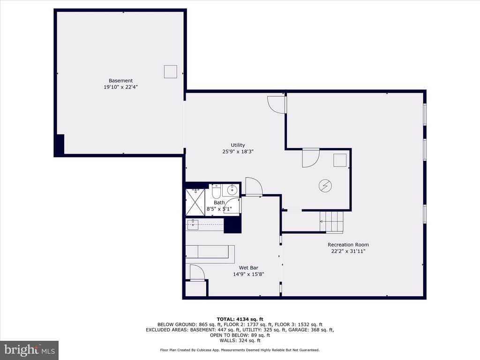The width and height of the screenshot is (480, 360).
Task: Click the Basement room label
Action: (x=120, y=81)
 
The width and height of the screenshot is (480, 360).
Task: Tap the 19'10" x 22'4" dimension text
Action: (x=120, y=87)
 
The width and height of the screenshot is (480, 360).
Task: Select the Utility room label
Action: (x=238, y=145)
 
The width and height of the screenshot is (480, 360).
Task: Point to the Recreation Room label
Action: (x=348, y=245)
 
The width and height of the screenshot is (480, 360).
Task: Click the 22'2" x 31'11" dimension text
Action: (x=348, y=251)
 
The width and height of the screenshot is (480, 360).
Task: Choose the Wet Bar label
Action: (x=248, y=268)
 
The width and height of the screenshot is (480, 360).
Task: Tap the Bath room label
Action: (x=219, y=202)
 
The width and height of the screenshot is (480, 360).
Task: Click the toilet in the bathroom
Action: (x=216, y=191)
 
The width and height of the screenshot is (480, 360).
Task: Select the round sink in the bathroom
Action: (x=232, y=190)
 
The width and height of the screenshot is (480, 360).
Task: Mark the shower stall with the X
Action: (x=195, y=202)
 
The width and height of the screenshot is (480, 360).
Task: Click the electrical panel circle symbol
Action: (x=325, y=186)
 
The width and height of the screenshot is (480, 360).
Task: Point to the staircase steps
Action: (x=331, y=221)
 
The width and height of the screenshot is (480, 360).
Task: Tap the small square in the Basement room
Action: (x=171, y=72)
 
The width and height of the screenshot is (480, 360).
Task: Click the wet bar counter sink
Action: (x=193, y=225)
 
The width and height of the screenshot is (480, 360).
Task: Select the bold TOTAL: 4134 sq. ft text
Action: (x=240, y=319)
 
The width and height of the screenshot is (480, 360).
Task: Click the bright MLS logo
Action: (x=30, y=350)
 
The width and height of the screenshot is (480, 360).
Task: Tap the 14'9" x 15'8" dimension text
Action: (x=248, y=275)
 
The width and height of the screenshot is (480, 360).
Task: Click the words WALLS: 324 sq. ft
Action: (x=240, y=340)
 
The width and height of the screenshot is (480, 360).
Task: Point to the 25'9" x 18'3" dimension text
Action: (x=238, y=151)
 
